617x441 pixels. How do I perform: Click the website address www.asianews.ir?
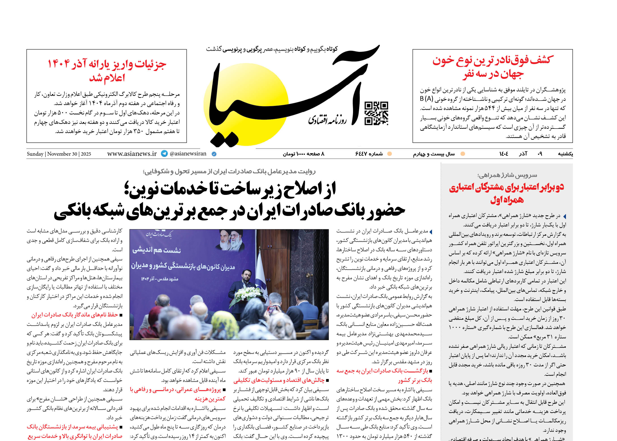tap(132, 154)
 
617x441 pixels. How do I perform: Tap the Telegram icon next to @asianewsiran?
tap(164, 154)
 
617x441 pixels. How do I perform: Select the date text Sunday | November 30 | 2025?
tap(59, 154)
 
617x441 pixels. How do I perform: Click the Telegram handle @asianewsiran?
tap(188, 154)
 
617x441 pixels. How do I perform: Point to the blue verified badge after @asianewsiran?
tap(214, 154)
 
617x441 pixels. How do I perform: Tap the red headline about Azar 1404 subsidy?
tap(107, 71)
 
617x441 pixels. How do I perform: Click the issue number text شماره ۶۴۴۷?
tap(369, 154)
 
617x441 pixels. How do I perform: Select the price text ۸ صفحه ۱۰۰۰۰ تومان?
tap(304, 154)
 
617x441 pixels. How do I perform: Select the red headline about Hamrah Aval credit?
tap(507, 193)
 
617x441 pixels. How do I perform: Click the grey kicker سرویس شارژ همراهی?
tap(507, 175)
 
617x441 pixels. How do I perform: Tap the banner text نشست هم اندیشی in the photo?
tap(157, 250)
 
